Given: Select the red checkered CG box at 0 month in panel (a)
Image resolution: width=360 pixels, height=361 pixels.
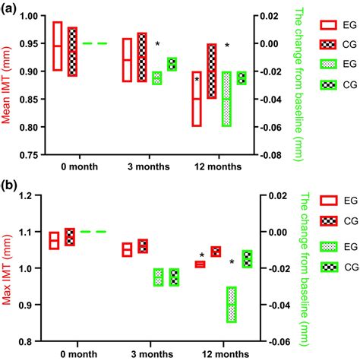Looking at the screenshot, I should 72,52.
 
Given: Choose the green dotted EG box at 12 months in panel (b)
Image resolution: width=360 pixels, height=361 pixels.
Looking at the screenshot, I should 231,304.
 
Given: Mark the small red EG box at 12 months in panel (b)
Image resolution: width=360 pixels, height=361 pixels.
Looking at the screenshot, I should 201,243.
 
